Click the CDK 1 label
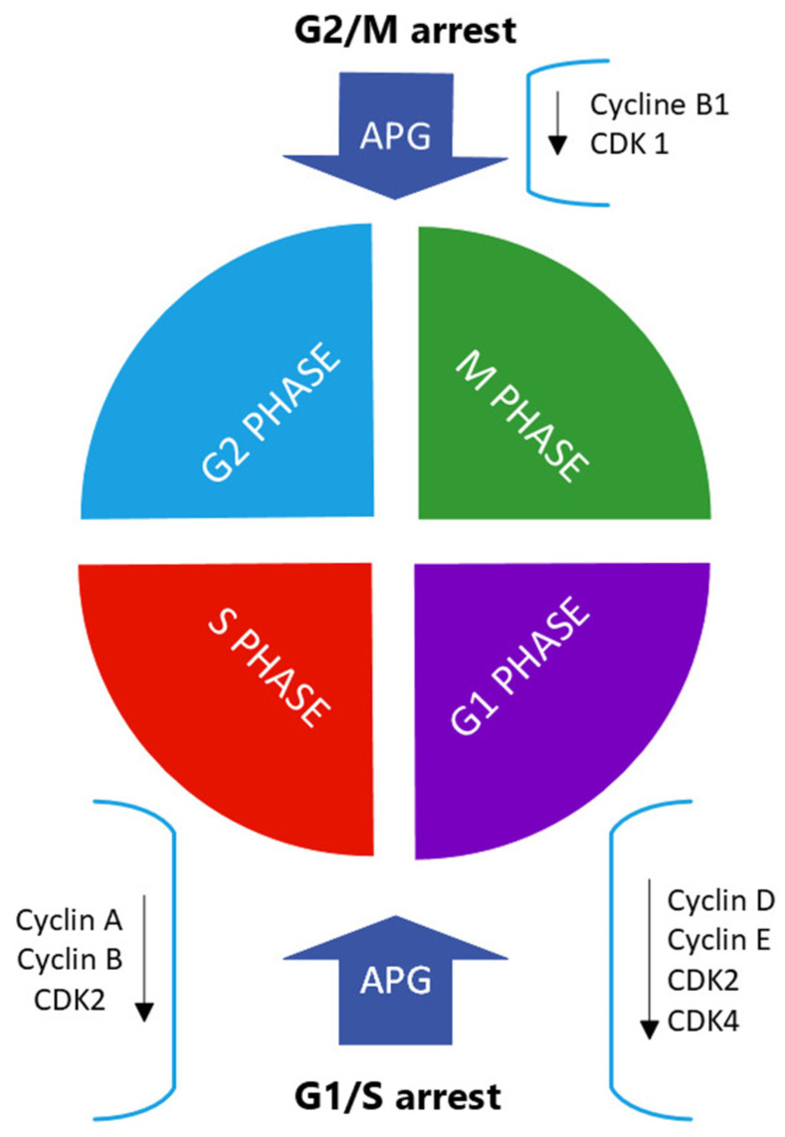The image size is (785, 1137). click(x=630, y=144)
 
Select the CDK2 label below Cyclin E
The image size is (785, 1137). click(x=703, y=981)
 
